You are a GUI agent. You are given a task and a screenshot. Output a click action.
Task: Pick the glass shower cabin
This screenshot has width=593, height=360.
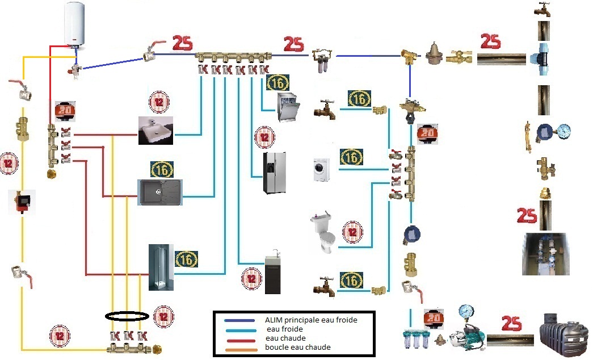point(159,267)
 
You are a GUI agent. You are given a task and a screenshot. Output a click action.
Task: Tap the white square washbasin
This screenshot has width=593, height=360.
point(155,131)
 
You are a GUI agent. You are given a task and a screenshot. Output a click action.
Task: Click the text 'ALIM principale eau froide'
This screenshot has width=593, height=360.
point(311,320)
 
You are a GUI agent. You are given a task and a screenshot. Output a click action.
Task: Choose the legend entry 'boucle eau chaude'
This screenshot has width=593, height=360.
point(298,347)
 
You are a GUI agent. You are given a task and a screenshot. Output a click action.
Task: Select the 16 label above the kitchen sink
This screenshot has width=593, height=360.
point(162,169)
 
